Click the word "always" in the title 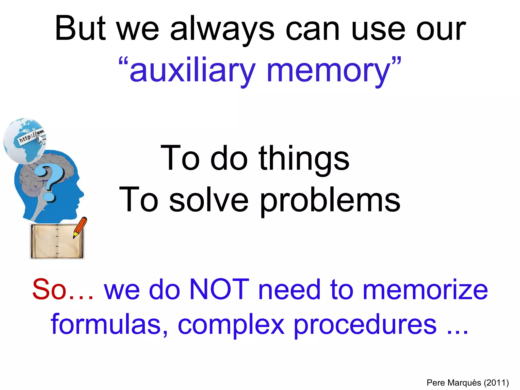pyautogui.click(x=222, y=29)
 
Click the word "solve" pyautogui.click(x=209, y=199)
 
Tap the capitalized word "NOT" pyautogui.click(x=219, y=289)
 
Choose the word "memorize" pyautogui.click(x=425, y=289)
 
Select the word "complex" pyautogui.click(x=231, y=325)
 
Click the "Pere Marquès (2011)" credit pyautogui.click(x=467, y=382)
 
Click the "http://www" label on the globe pyautogui.click(x=30, y=136)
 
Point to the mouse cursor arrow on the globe pyautogui.click(x=42, y=139)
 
